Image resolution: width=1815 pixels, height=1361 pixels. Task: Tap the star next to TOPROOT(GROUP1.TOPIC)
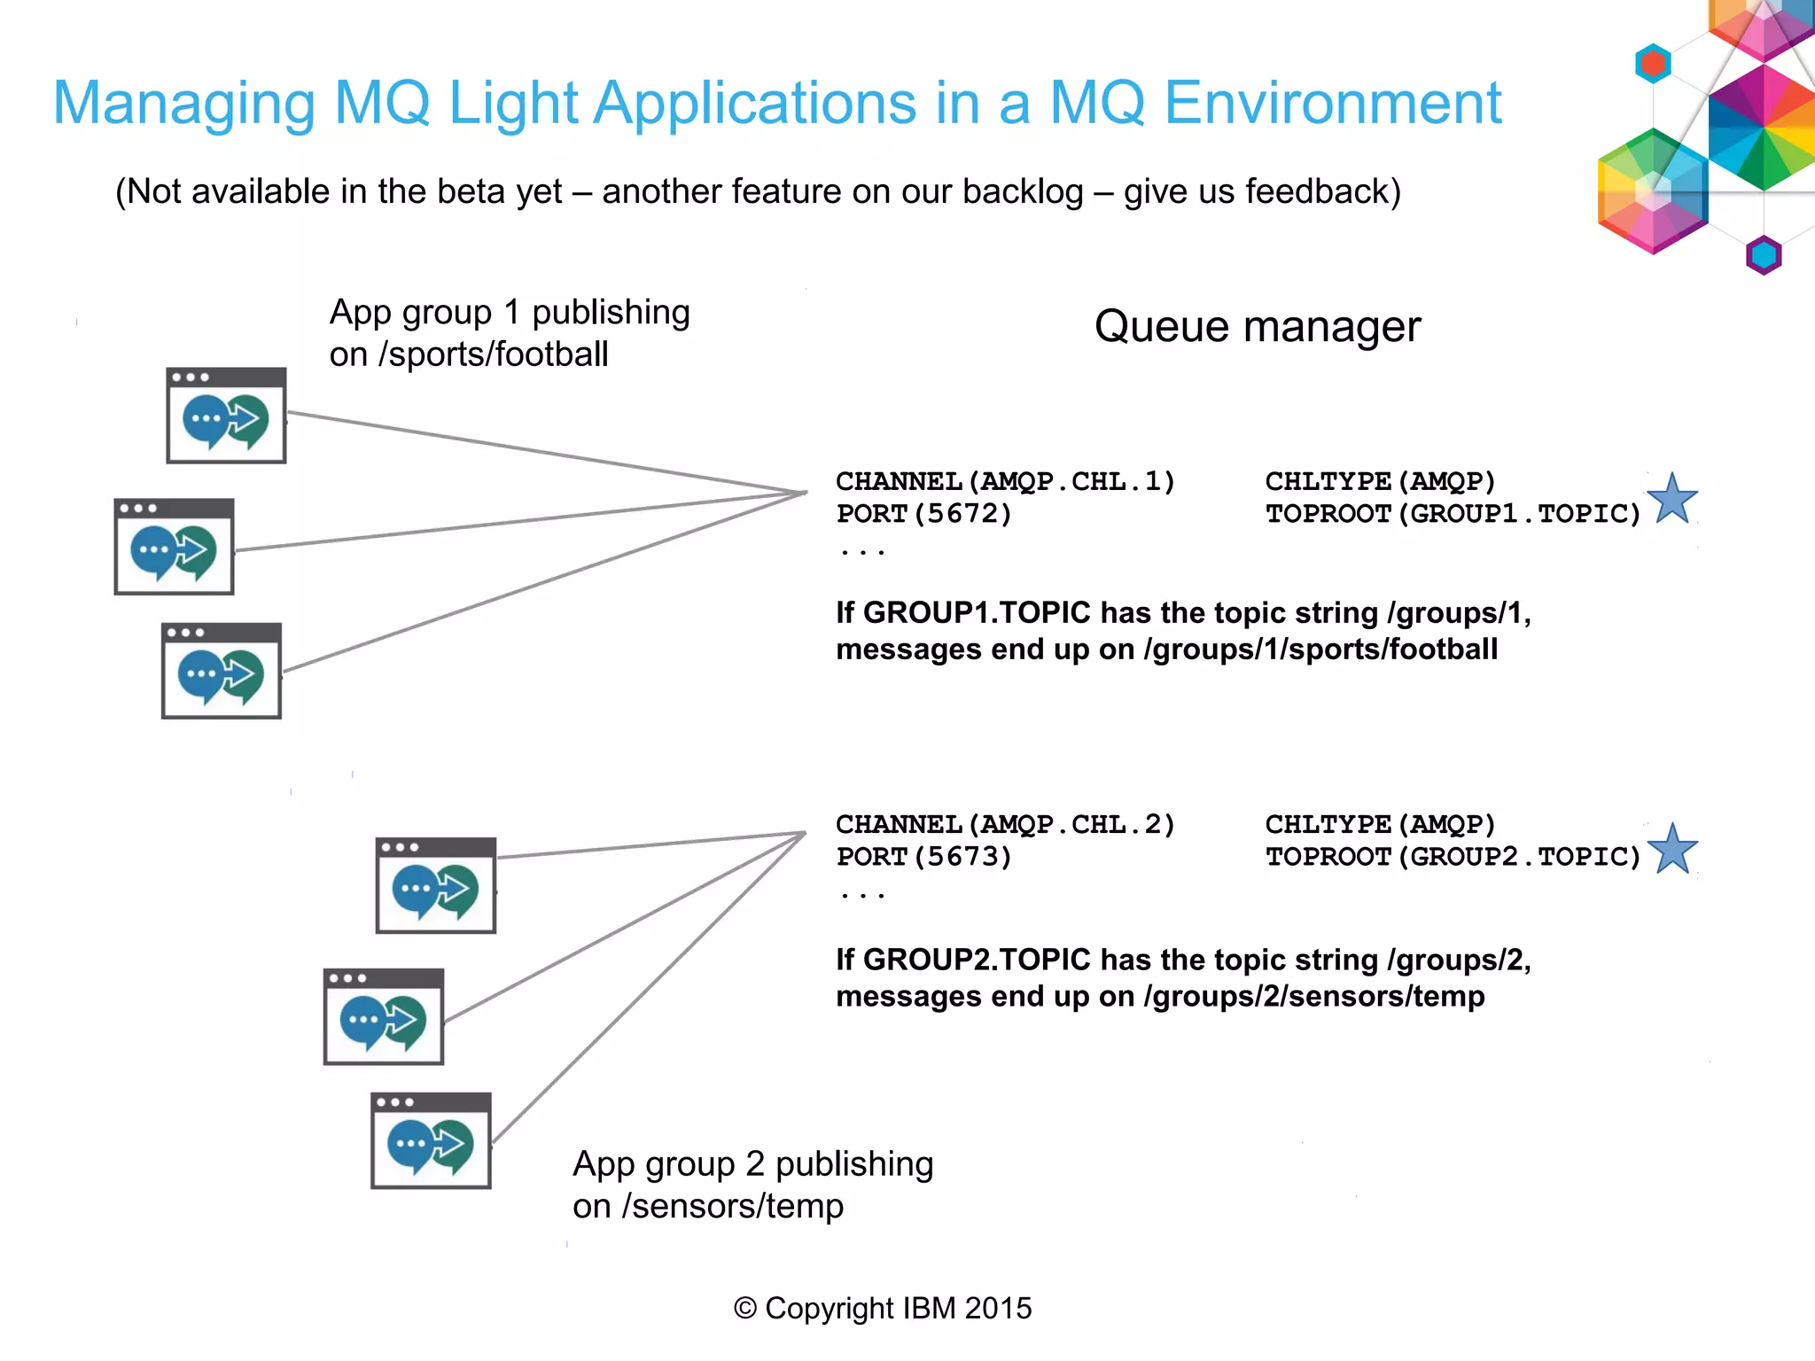click(1672, 499)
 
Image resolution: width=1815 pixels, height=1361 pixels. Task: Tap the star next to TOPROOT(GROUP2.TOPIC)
click(1672, 850)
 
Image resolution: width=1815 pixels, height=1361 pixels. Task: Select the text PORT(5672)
click(923, 514)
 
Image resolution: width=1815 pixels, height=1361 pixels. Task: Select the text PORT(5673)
click(923, 857)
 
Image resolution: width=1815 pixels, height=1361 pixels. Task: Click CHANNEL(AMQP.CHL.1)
click(1005, 481)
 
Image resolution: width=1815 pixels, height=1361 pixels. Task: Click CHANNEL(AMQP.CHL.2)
click(1005, 825)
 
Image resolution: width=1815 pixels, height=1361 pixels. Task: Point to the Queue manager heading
click(1257, 327)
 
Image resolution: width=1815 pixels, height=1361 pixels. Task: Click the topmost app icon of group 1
click(226, 416)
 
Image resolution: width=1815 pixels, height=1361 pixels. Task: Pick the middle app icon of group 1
click(175, 547)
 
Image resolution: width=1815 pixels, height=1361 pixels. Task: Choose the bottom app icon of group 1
click(222, 671)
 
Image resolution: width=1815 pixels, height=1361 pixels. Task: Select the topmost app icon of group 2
click(435, 885)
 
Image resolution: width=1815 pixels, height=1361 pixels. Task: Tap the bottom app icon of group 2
click(431, 1140)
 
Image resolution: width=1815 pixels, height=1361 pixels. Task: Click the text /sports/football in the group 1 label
click(494, 354)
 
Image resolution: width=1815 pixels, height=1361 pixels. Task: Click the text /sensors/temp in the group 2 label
click(732, 1206)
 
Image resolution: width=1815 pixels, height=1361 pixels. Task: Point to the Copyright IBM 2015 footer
click(883, 1309)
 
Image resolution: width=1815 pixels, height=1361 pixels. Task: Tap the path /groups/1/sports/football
click(1320, 649)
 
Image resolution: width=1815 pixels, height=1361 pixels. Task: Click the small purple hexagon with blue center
click(1763, 255)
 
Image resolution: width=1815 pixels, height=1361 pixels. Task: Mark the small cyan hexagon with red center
click(1653, 64)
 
